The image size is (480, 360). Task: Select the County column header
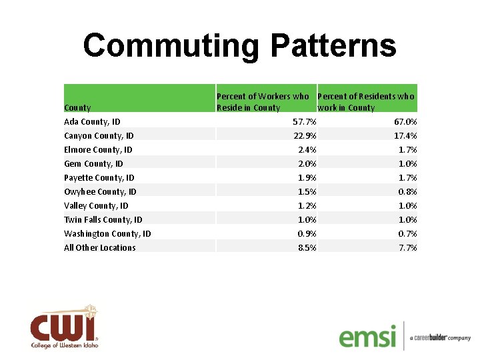pyautogui.click(x=77, y=107)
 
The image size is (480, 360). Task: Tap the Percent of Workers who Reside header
pyautogui.click(x=263, y=101)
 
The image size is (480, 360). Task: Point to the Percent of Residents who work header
pyautogui.click(x=366, y=101)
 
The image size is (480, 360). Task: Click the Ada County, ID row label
pyautogui.click(x=92, y=122)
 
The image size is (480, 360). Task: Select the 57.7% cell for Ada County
pyautogui.click(x=305, y=122)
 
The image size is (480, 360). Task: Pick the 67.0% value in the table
pyautogui.click(x=405, y=122)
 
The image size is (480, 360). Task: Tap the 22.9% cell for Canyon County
pyautogui.click(x=305, y=136)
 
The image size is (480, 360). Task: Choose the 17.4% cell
pyautogui.click(x=405, y=136)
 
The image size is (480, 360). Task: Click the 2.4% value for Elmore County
pyautogui.click(x=307, y=150)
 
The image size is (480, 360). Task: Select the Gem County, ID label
pyautogui.click(x=93, y=164)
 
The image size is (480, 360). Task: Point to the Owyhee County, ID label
pyautogui.click(x=101, y=192)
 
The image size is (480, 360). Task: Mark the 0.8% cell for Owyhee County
pyautogui.click(x=407, y=192)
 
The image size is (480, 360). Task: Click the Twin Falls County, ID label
pyautogui.click(x=103, y=220)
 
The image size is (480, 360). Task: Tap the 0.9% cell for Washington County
pyautogui.click(x=307, y=234)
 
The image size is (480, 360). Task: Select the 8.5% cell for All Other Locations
pyautogui.click(x=307, y=248)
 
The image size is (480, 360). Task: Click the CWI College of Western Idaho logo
pyautogui.click(x=64, y=328)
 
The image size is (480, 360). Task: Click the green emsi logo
pyautogui.click(x=367, y=335)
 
